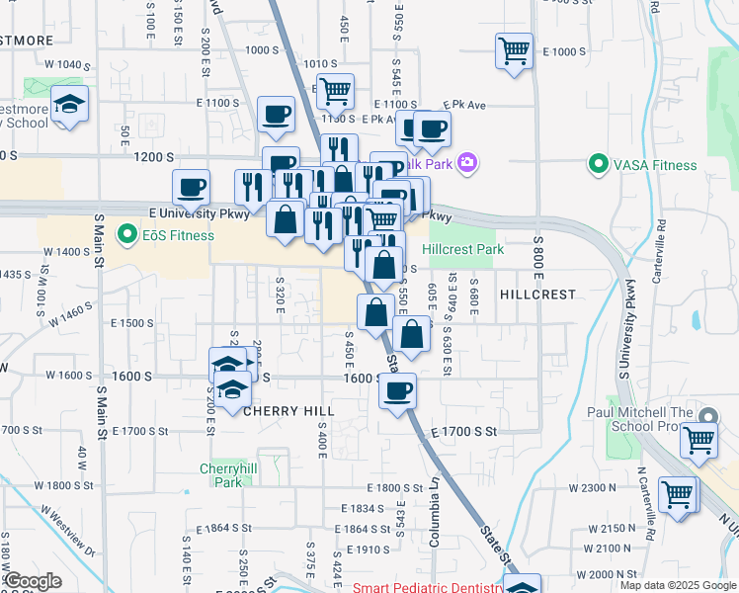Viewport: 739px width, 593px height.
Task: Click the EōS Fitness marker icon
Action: tap(125, 235)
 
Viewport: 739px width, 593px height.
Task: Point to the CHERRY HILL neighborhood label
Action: tap(288, 410)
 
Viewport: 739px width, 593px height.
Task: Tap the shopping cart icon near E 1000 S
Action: tap(514, 49)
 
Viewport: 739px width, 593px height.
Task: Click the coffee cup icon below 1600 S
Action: tap(397, 391)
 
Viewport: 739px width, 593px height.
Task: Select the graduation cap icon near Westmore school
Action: tap(69, 105)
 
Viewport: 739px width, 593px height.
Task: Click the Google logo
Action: tap(32, 581)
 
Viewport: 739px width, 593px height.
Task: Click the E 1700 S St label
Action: tap(462, 432)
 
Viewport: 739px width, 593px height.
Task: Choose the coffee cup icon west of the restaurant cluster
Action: tap(191, 186)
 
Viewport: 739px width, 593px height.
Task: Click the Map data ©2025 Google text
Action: tap(676, 585)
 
